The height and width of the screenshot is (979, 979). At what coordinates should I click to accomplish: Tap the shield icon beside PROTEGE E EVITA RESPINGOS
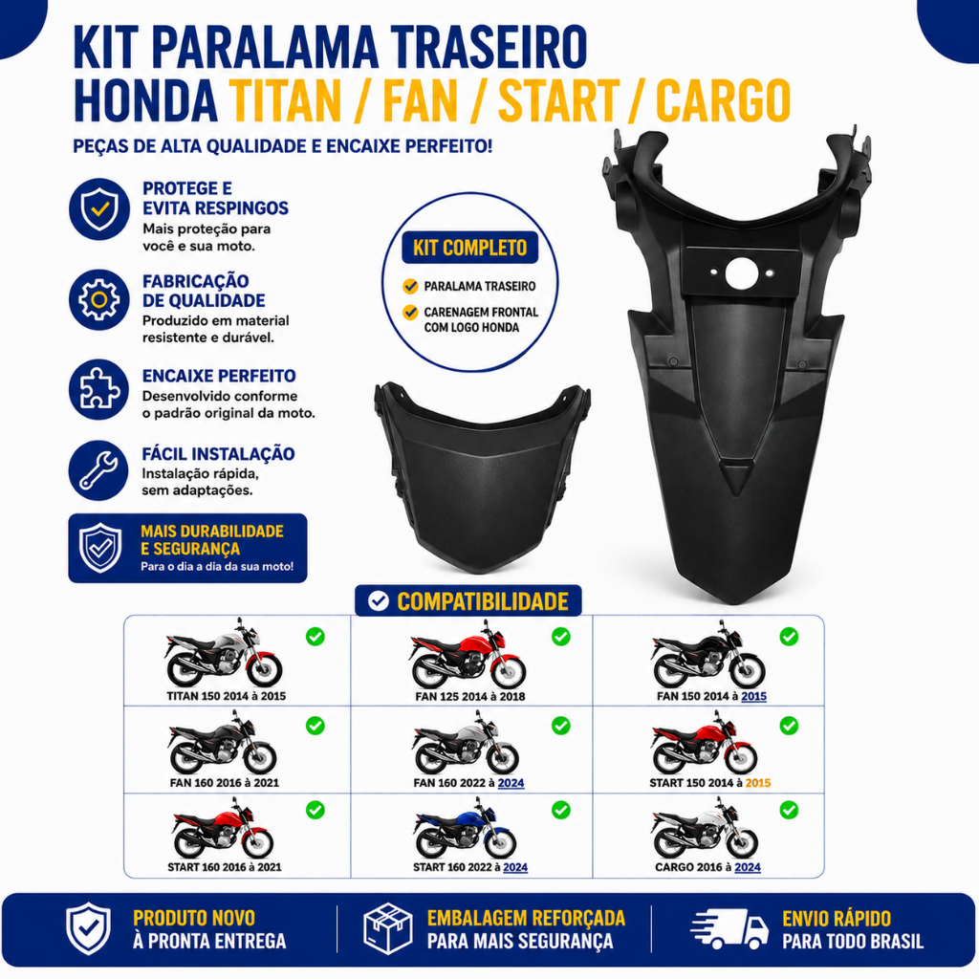[x=98, y=209]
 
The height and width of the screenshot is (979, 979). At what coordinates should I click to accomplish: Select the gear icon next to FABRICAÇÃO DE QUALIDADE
[x=98, y=299]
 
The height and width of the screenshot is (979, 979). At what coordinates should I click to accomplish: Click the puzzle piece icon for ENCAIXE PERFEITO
[x=98, y=389]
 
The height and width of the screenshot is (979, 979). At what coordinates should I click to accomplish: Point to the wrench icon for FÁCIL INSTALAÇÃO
[x=98, y=470]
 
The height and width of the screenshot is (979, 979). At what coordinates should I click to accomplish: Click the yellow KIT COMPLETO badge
[x=469, y=248]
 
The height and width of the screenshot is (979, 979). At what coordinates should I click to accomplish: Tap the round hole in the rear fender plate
[x=741, y=273]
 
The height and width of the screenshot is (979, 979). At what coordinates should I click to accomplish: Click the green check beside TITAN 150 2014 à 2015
[x=315, y=636]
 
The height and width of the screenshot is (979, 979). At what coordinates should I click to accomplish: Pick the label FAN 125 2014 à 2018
[x=470, y=696]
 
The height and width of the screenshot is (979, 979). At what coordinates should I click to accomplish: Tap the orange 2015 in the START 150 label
[x=758, y=783]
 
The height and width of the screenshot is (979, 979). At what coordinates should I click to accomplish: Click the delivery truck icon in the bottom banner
[x=729, y=928]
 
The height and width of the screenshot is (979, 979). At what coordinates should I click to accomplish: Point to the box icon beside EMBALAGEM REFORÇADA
[x=388, y=928]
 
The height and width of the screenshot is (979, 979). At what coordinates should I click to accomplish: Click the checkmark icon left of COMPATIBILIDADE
[x=378, y=600]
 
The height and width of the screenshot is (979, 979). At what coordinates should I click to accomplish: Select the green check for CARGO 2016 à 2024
[x=789, y=810]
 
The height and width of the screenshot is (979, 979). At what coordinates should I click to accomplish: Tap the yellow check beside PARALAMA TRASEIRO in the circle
[x=410, y=286]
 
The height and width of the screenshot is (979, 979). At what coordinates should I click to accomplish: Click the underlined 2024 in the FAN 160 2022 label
[x=511, y=783]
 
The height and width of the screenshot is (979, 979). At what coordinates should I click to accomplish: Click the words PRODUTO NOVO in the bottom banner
[x=194, y=918]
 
